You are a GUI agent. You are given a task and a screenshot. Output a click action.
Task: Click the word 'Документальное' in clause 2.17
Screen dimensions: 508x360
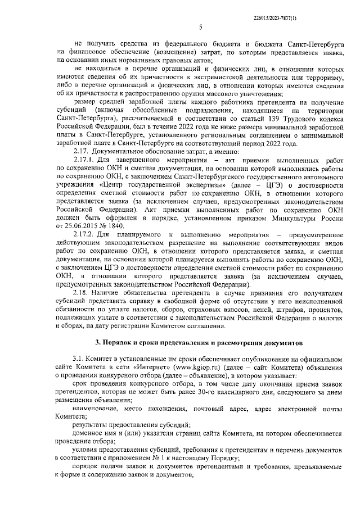click(x=118, y=150)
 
